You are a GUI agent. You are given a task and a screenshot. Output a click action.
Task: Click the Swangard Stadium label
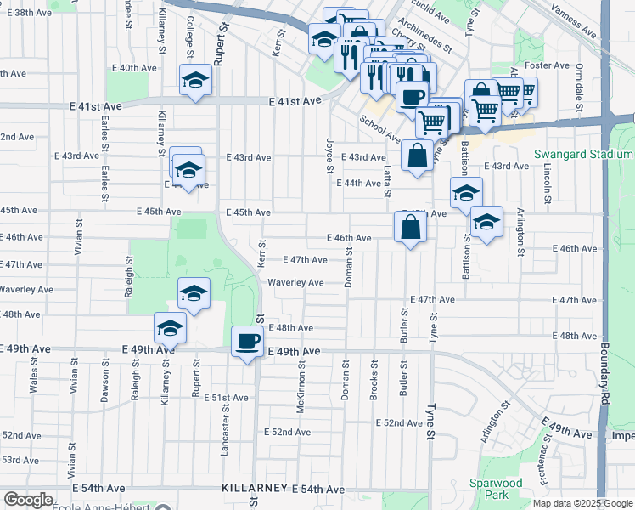583,155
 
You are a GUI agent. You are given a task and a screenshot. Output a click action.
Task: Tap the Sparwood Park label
490,489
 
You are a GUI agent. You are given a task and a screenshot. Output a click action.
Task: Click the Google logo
28,500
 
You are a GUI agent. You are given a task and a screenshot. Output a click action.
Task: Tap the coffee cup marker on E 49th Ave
247,343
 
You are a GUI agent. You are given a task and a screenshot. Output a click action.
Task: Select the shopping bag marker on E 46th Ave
410,227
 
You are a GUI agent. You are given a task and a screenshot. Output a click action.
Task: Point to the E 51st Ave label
225,398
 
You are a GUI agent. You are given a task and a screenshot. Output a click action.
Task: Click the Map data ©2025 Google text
582,503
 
